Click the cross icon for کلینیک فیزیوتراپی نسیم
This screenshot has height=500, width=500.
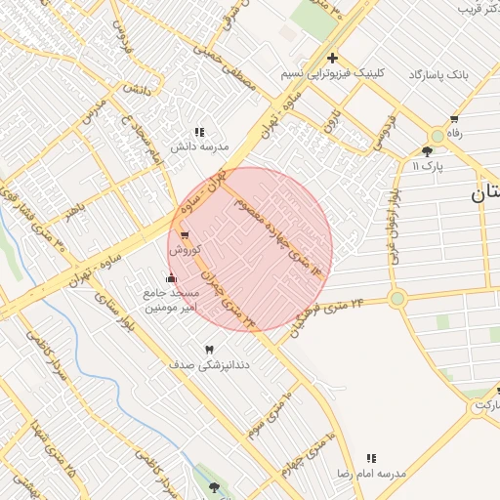coord(332,58)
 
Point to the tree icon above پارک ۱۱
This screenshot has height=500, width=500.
coord(427,150)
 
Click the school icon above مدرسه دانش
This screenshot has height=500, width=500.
coord(199,132)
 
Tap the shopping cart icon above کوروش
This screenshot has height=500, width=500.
coord(185,235)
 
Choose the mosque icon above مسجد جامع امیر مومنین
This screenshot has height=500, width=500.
coord(173,278)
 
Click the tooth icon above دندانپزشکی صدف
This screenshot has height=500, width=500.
coord(208,350)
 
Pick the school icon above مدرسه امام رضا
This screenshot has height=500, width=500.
coord(370,458)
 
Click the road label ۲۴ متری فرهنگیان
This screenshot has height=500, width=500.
coord(326,318)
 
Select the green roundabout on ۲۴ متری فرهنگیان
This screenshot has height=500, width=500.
coord(396,299)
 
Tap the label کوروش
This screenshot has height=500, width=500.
coord(186,249)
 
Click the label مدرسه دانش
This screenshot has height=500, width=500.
coord(199,147)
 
